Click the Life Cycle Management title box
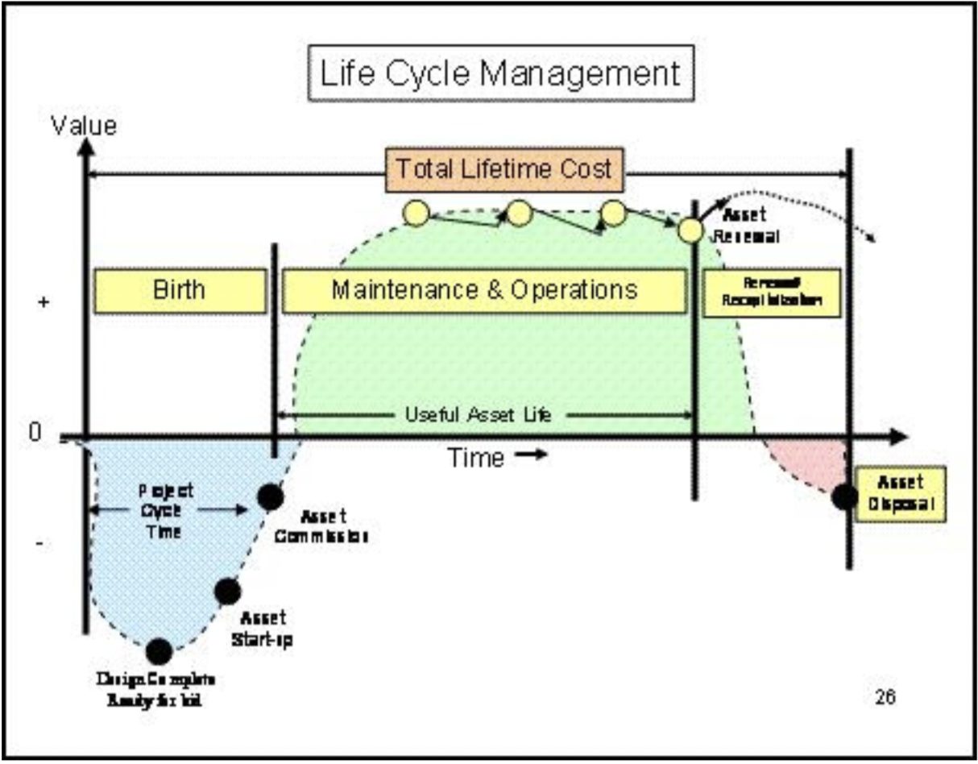[501, 73]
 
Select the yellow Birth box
[180, 290]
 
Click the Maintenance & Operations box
[484, 290]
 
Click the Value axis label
[83, 126]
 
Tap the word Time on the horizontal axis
[476, 458]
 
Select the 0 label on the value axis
[35, 434]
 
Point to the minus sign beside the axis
[39, 545]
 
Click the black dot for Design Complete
[159, 650]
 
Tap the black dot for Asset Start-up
[228, 592]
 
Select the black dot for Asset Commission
[271, 497]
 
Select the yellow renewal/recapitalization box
[772, 292]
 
